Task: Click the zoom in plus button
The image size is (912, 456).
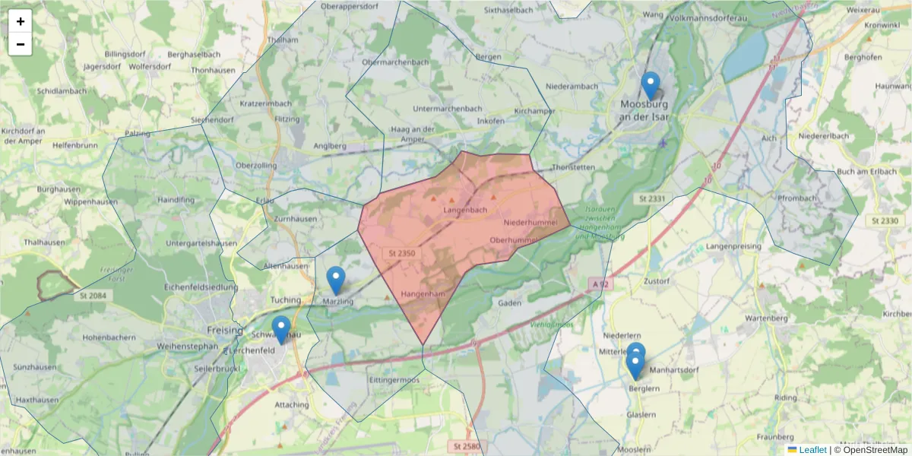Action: [21, 21]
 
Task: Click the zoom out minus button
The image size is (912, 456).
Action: [21, 44]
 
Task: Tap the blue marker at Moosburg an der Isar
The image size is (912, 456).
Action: [650, 86]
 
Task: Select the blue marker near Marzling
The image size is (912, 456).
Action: [335, 280]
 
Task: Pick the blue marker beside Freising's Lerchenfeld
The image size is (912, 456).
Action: [280, 330]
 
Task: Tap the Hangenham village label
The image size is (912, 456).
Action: [422, 293]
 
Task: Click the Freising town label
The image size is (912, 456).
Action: [225, 331]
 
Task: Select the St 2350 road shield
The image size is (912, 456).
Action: [402, 253]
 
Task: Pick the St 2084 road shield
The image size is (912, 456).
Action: [93, 294]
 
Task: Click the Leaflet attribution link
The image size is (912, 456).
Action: [812, 450]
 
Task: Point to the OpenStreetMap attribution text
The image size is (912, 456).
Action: [874, 450]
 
